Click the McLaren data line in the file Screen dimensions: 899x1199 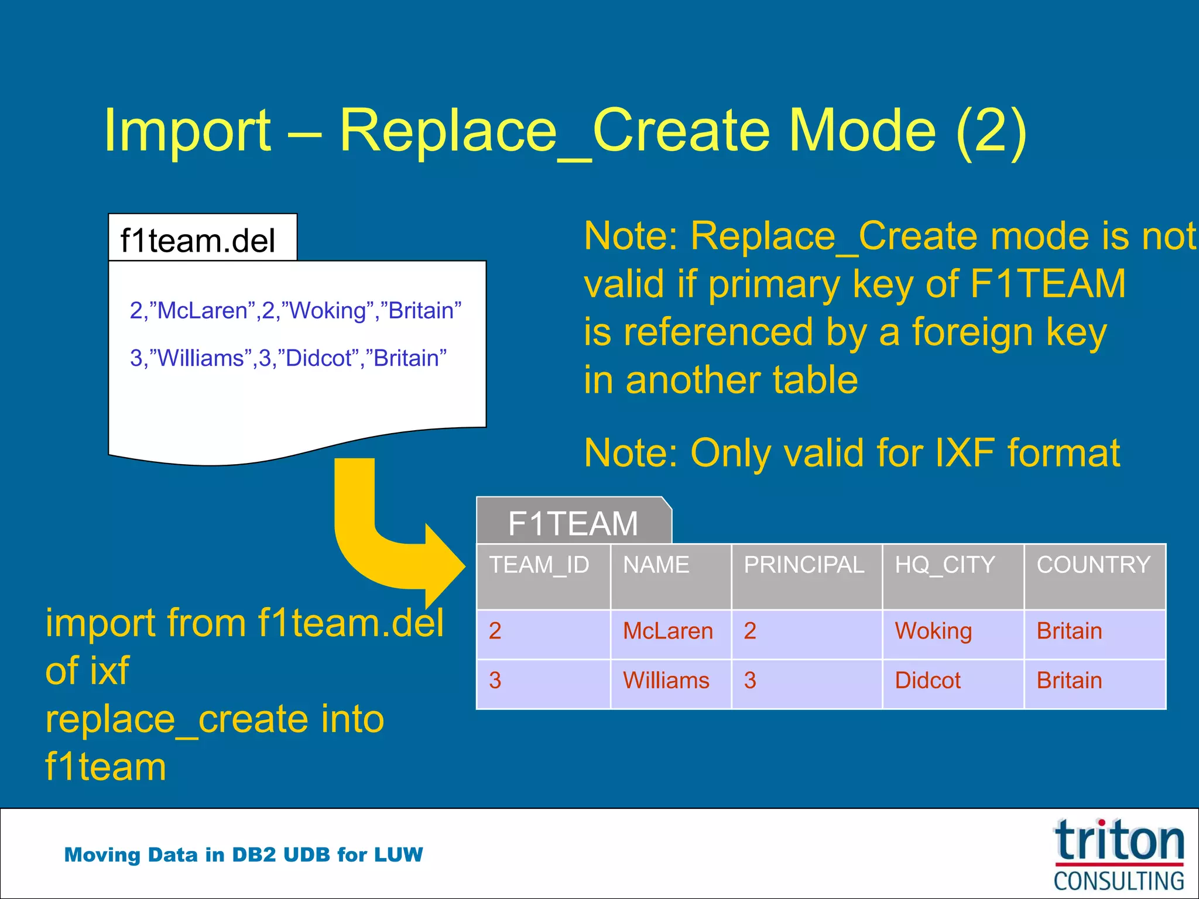point(295,310)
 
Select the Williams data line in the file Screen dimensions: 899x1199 point(288,358)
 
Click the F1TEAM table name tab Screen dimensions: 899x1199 point(573,522)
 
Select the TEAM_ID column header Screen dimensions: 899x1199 point(539,565)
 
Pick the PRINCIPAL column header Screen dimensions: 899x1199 point(803,565)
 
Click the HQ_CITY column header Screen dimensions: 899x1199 point(944,565)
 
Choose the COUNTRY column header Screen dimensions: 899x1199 point(1093,565)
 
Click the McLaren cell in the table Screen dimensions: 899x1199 point(668,631)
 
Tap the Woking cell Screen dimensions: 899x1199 point(933,631)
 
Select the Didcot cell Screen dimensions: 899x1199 point(927,680)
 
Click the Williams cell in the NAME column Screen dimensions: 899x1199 point(666,680)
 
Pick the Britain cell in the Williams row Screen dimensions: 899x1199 point(1069,680)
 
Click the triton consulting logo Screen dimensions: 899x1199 point(1118,855)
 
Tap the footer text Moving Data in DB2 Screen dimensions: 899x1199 point(243,855)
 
